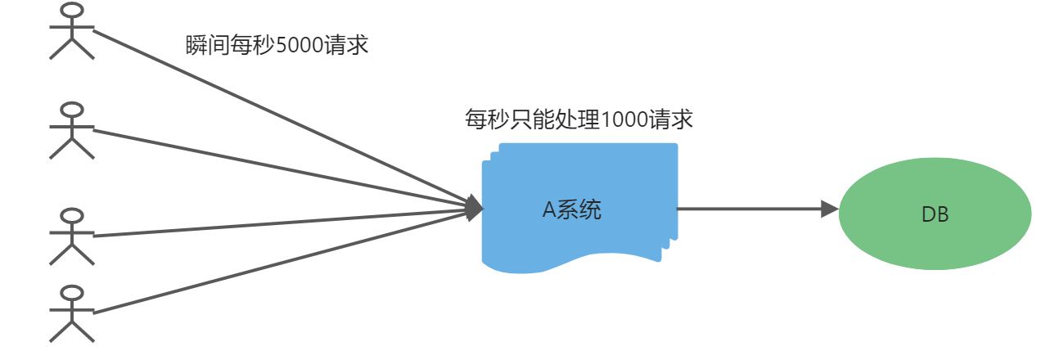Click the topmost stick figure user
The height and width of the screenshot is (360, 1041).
72,33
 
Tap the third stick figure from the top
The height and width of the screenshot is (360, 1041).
72,237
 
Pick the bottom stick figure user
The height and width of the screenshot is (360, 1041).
72,313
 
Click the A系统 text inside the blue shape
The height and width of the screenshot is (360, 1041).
572,210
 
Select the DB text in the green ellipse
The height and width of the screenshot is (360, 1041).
935,215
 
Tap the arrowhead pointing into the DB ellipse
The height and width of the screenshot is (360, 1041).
829,209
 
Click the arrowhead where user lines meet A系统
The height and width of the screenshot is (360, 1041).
474,209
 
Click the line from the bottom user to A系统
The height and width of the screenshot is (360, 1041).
278,263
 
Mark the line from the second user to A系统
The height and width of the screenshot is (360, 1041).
278,167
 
